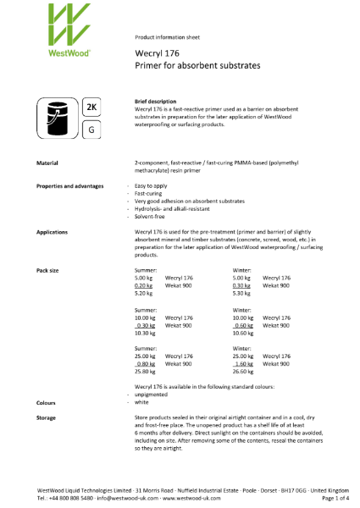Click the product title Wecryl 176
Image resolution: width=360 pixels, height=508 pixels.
pyautogui.click(x=154, y=52)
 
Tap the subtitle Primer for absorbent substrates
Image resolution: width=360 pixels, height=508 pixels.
pyautogui.click(x=197, y=65)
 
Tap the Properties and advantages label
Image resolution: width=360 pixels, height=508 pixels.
pyautogui.click(x=69, y=185)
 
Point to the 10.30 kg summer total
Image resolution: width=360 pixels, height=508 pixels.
pyautogui.click(x=145, y=333)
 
